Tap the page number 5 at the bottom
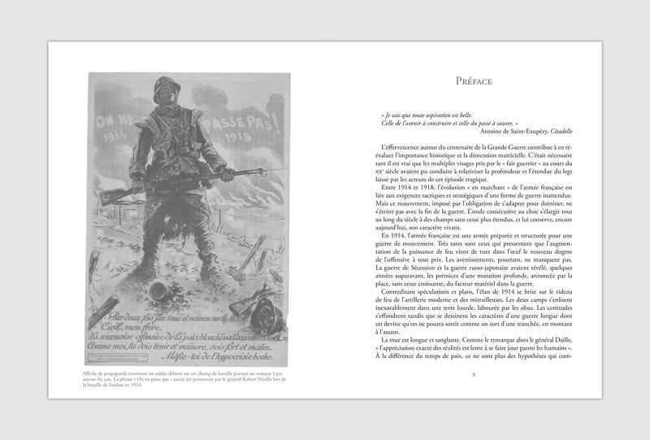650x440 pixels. [473, 373]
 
